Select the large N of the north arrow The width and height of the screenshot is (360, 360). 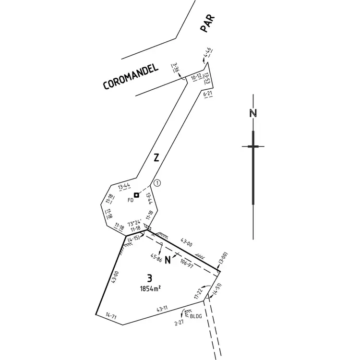253,114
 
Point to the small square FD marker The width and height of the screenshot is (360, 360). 136,195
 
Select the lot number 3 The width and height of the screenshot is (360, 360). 150,277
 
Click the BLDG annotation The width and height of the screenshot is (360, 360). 196,316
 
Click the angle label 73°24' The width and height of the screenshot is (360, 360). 134,223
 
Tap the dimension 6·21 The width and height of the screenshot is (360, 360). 208,95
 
